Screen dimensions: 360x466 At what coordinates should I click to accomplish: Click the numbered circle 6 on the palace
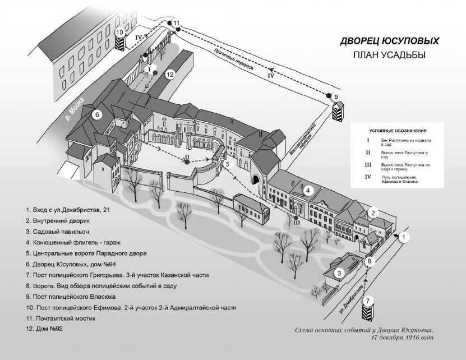(97, 115)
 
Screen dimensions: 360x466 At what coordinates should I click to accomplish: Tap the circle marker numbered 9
(336, 97)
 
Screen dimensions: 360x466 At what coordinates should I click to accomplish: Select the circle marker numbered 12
(170, 73)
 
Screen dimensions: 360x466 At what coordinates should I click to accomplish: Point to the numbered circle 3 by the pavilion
(339, 273)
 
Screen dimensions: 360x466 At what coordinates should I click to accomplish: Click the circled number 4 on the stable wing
(308, 191)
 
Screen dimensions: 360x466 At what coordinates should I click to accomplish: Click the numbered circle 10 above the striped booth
(119, 33)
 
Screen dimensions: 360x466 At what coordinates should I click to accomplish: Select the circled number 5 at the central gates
(228, 164)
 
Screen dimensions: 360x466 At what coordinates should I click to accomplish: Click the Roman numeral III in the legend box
(368, 165)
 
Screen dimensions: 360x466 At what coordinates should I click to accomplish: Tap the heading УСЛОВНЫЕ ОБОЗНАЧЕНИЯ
(397, 130)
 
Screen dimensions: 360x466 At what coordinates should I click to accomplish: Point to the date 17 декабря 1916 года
(402, 339)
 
